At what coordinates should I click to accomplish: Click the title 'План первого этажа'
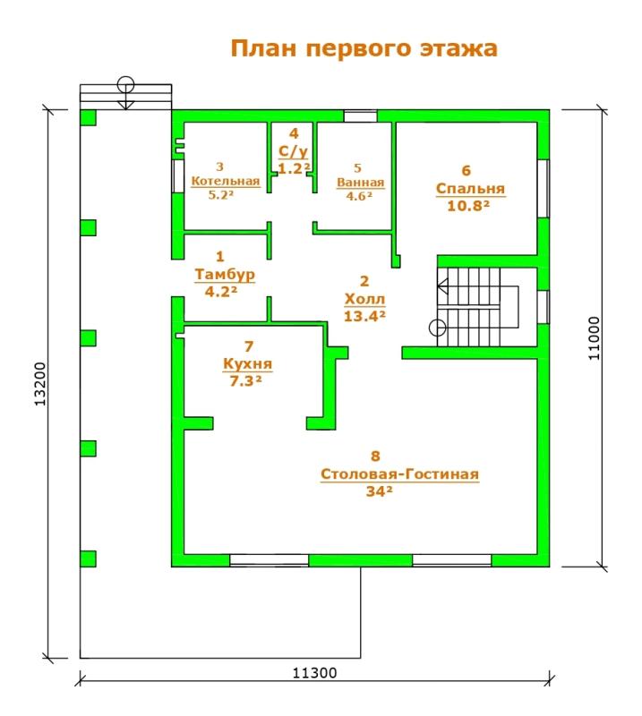click(364, 48)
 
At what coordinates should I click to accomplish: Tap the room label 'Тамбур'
click(225, 275)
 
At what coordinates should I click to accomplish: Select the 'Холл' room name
click(364, 299)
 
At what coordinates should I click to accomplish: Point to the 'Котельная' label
click(226, 181)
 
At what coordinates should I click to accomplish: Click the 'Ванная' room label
click(361, 183)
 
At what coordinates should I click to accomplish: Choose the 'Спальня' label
click(470, 189)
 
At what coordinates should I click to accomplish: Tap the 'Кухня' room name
click(248, 364)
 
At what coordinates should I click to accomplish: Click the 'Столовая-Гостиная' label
click(400, 474)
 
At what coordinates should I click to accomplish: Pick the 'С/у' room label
click(294, 151)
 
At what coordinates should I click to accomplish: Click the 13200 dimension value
click(40, 384)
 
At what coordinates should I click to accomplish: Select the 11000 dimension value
click(594, 338)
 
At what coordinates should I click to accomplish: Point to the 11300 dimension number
click(314, 673)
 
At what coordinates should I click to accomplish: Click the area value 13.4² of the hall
click(364, 316)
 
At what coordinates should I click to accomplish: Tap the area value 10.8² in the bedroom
click(468, 206)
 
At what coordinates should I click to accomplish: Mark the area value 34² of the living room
click(380, 490)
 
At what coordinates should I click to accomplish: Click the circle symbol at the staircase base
click(437, 328)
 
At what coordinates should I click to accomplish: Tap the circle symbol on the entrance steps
click(125, 85)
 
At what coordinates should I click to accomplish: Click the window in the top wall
click(361, 116)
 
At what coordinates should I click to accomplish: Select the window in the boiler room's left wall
click(178, 175)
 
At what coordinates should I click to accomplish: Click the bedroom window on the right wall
click(544, 188)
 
